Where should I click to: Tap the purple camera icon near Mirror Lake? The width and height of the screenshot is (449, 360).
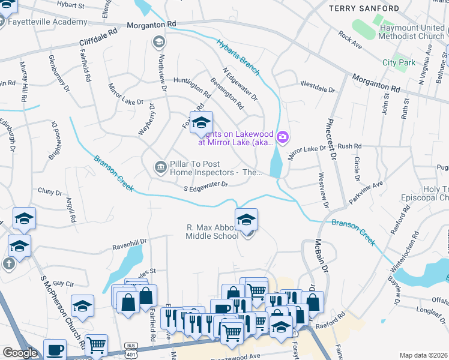point(283,138)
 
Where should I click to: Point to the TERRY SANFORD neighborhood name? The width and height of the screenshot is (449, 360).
point(363,8)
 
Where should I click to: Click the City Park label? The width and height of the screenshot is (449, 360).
point(399,62)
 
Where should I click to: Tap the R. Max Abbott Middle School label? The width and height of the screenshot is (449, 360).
point(212,232)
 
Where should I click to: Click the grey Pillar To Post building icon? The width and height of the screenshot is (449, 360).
point(160,167)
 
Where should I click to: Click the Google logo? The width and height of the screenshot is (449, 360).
point(20,353)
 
